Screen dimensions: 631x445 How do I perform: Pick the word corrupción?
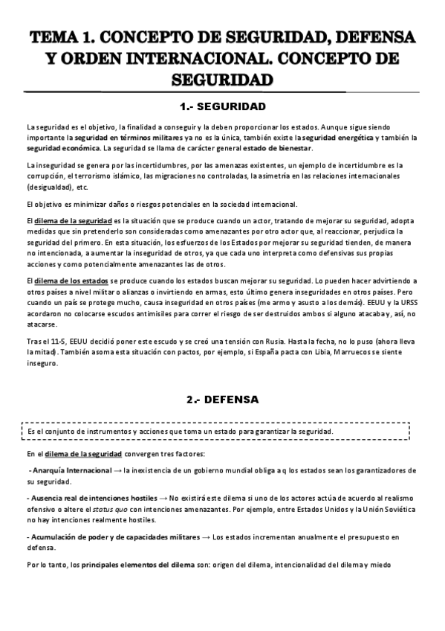point(45,176)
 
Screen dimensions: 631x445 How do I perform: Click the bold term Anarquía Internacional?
point(74,470)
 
